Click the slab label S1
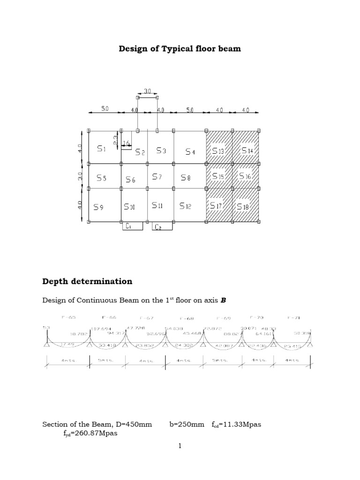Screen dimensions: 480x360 pos(102,149)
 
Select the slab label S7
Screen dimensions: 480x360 pos(157,177)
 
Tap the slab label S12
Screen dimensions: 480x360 pos(185,206)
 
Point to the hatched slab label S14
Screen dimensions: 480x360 pos(247,150)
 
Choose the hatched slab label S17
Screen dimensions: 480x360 pos(216,205)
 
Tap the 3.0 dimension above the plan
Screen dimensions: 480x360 pos(147,92)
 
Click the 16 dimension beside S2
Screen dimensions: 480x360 pos(126,142)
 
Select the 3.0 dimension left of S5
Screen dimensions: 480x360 pos(80,176)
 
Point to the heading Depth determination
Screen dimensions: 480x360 pos(87,281)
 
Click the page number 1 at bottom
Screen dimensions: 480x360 pos(180,446)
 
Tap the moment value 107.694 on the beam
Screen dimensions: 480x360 pos(100,328)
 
